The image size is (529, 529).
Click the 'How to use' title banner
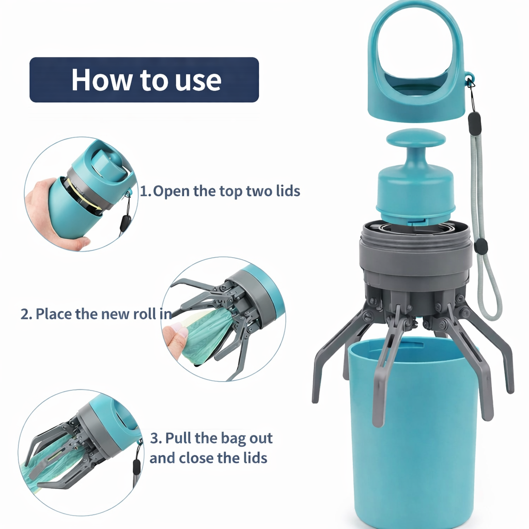pyautogui.click(x=144, y=80)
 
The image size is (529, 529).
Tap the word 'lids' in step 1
pyautogui.click(x=287, y=191)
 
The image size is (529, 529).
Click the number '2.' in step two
pyautogui.click(x=26, y=314)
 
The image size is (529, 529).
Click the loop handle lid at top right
pyautogui.click(x=416, y=62)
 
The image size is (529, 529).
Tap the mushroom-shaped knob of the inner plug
pyautogui.click(x=416, y=138)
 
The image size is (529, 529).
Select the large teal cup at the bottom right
pyautogui.click(x=413, y=439)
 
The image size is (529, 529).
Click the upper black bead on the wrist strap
pyautogui.click(x=474, y=123)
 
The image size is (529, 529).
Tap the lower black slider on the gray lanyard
pyautogui.click(x=481, y=246)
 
